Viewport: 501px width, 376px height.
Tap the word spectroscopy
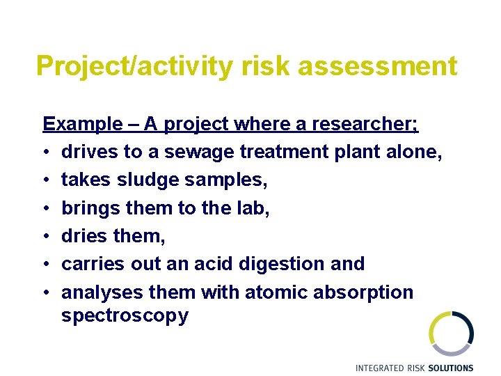pos(125,316)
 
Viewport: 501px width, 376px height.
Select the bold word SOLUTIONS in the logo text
pos(450,368)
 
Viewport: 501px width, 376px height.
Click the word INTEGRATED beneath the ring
pos(380,368)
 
